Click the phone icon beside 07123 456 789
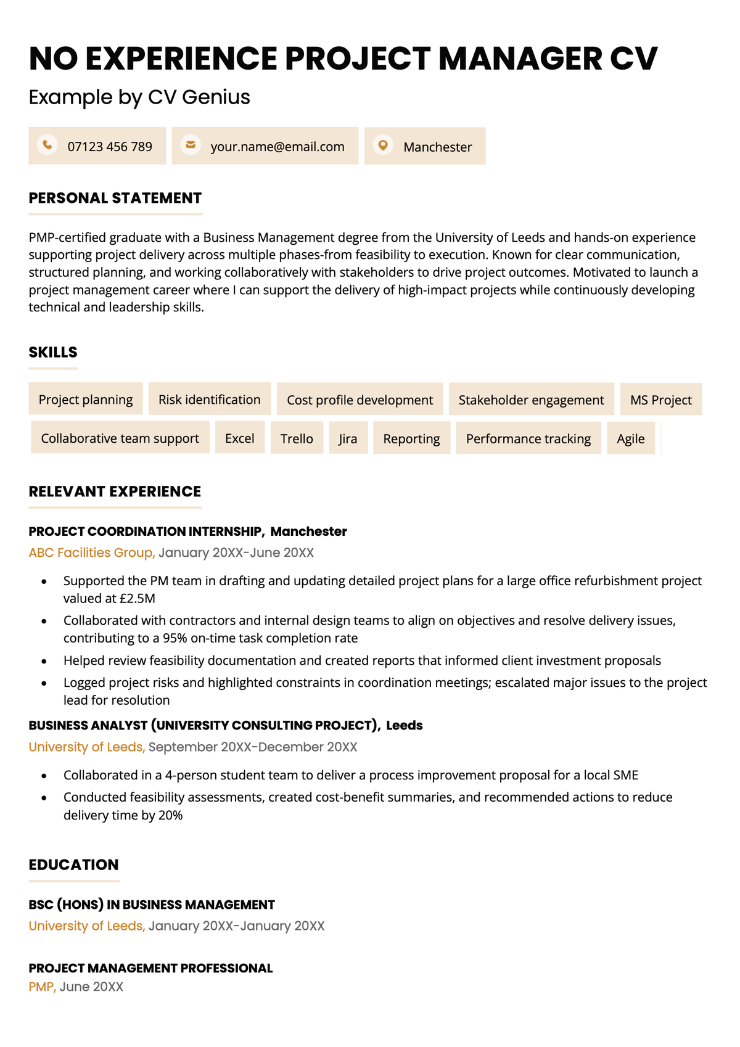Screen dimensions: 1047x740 click(x=47, y=145)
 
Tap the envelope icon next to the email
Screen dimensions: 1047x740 click(x=191, y=145)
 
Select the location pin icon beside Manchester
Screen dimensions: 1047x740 click(x=383, y=145)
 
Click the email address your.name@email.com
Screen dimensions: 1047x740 click(x=277, y=147)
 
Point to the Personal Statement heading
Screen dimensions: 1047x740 click(x=115, y=198)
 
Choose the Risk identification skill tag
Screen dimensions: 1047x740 click(x=210, y=400)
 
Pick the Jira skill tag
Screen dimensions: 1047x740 click(x=348, y=438)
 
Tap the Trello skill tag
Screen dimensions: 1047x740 click(x=297, y=438)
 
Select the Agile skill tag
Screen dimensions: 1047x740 click(x=630, y=438)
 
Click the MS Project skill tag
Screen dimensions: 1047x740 click(x=660, y=400)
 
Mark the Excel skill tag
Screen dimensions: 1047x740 click(x=239, y=438)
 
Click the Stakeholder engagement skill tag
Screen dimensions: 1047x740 click(x=531, y=400)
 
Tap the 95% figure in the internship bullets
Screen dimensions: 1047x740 click(x=175, y=638)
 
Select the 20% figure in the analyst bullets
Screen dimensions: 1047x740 click(x=170, y=815)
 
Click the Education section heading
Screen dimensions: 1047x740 click(x=73, y=864)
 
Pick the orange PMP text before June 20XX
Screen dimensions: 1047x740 click(x=42, y=987)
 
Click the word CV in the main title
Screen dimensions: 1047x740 click(x=633, y=59)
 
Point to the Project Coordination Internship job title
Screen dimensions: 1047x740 click(x=146, y=532)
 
